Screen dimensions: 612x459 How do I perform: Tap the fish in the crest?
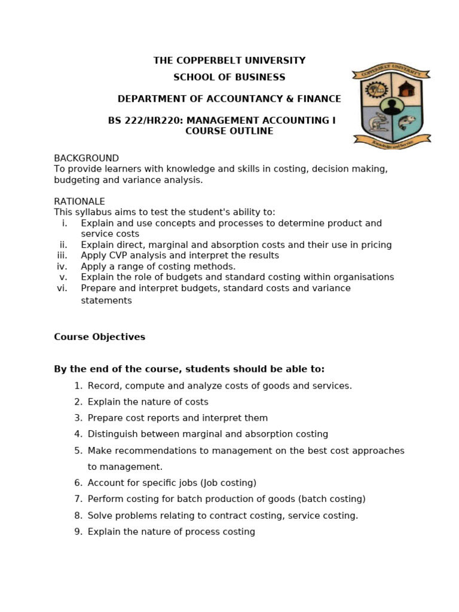pyautogui.click(x=407, y=123)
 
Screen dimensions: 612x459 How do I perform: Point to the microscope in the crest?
pyautogui.click(x=377, y=123)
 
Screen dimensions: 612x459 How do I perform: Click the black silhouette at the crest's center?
pyautogui.click(x=392, y=106)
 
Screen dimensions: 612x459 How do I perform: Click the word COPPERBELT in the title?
pyautogui.click(x=204, y=60)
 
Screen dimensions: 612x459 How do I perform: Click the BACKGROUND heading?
pyautogui.click(x=86, y=158)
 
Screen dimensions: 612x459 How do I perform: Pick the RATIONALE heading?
pyautogui.click(x=79, y=201)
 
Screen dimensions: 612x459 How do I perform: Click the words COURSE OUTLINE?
pyautogui.click(x=229, y=131)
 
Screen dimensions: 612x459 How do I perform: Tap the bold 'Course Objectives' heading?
pyautogui.click(x=99, y=337)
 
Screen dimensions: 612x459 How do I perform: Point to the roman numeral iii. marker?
pyautogui.click(x=62, y=255)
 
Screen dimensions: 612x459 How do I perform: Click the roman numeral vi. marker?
pyautogui.click(x=62, y=288)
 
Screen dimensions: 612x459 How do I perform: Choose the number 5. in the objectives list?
pyautogui.click(x=78, y=451)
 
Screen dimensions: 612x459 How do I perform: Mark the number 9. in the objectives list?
pyautogui.click(x=78, y=532)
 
